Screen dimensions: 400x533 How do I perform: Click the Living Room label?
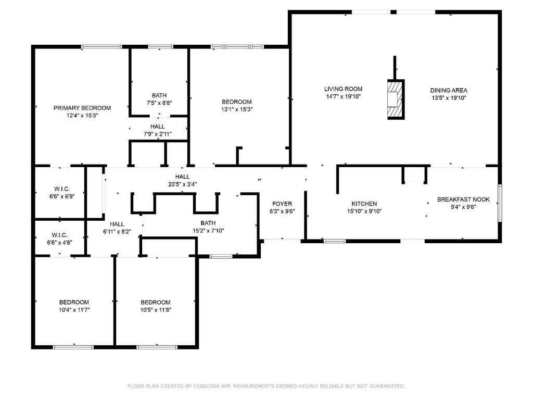pos(343,89)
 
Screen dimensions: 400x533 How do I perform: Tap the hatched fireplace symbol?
pos(395,98)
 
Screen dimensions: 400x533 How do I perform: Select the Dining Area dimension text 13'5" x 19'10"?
pos(449,97)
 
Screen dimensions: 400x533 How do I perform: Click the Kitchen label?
pos(364,204)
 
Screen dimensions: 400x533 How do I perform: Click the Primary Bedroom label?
pos(82,108)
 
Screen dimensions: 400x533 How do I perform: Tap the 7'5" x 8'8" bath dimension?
pos(159,103)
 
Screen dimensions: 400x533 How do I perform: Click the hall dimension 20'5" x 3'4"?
pos(182,184)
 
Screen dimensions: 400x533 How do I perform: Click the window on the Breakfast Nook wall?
pos(499,203)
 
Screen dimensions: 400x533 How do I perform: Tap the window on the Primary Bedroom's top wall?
pos(101,47)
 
